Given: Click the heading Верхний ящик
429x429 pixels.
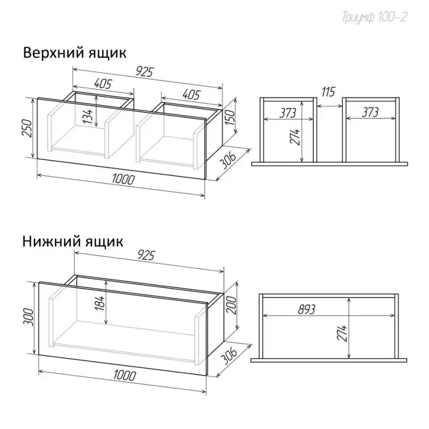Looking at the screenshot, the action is [x=74, y=53].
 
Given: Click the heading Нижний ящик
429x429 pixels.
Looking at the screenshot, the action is [x=73, y=242].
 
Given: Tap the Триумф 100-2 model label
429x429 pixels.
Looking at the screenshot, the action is [x=375, y=17].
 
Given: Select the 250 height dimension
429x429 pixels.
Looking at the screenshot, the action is [x=28, y=127].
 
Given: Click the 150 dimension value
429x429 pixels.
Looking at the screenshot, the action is [x=231, y=117].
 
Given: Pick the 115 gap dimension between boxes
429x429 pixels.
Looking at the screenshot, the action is [x=328, y=92].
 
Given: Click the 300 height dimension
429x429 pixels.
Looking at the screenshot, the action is [x=28, y=317].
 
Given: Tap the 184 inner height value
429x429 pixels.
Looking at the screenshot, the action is [x=100, y=303].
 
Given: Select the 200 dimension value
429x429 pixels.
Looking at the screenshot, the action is [x=232, y=305].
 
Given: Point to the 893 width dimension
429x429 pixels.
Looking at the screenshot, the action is [x=307, y=310].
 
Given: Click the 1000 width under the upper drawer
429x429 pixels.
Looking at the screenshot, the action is [x=123, y=179].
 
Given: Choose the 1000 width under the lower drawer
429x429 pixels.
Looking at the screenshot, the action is [x=124, y=375].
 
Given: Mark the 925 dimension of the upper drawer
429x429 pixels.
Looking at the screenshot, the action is [x=145, y=72].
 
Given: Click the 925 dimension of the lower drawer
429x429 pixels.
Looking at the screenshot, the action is [x=146, y=255].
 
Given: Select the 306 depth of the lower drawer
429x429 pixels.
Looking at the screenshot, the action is [x=228, y=356].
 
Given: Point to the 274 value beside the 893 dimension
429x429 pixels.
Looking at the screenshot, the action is [x=342, y=333].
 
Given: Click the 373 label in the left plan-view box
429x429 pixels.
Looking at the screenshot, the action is [x=287, y=113].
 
